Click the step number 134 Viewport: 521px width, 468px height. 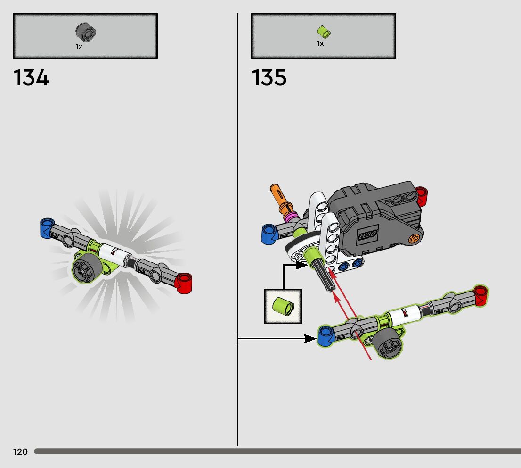point(32,78)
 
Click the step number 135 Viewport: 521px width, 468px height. point(269,78)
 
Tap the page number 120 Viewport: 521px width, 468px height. point(20,452)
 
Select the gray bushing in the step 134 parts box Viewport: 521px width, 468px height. point(85,33)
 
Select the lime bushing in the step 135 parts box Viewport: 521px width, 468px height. point(324,32)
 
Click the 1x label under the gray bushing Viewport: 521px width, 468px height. point(79,47)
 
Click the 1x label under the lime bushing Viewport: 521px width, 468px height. point(320,44)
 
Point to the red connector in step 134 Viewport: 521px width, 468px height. point(183,283)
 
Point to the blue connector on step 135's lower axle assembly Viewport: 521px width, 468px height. point(326,336)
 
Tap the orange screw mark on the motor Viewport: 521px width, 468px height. point(415,239)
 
